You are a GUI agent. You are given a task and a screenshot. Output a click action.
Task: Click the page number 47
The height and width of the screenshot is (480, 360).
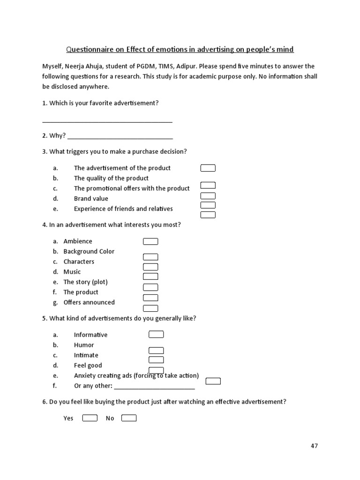314,446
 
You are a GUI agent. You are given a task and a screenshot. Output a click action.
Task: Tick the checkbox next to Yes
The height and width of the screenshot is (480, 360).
90,418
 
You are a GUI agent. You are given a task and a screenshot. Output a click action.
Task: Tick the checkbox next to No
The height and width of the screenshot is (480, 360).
129,418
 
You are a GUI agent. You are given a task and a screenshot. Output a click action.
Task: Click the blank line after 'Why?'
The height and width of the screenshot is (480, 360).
120,138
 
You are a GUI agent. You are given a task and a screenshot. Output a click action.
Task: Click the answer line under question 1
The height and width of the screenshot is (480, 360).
107,121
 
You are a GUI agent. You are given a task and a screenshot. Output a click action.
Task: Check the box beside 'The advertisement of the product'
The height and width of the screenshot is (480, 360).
208,168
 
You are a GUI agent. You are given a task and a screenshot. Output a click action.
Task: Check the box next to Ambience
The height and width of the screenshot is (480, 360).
150,241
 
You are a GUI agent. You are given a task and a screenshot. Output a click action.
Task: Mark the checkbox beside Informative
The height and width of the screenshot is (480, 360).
156,334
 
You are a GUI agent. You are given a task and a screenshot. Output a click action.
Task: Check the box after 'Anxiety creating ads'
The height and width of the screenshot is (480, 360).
213,381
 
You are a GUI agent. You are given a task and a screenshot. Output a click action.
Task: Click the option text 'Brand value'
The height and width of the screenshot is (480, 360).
91,198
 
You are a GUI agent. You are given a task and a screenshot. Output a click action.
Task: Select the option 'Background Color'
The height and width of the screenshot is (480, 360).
89,251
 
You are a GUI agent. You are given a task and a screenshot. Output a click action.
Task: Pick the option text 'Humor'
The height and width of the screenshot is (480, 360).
84,345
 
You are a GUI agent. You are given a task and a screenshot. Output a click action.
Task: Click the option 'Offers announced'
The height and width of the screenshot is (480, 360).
89,302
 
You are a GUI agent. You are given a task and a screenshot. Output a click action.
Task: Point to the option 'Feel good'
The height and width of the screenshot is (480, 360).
88,365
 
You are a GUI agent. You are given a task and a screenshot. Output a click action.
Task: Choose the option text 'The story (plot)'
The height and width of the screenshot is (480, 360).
85,282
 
